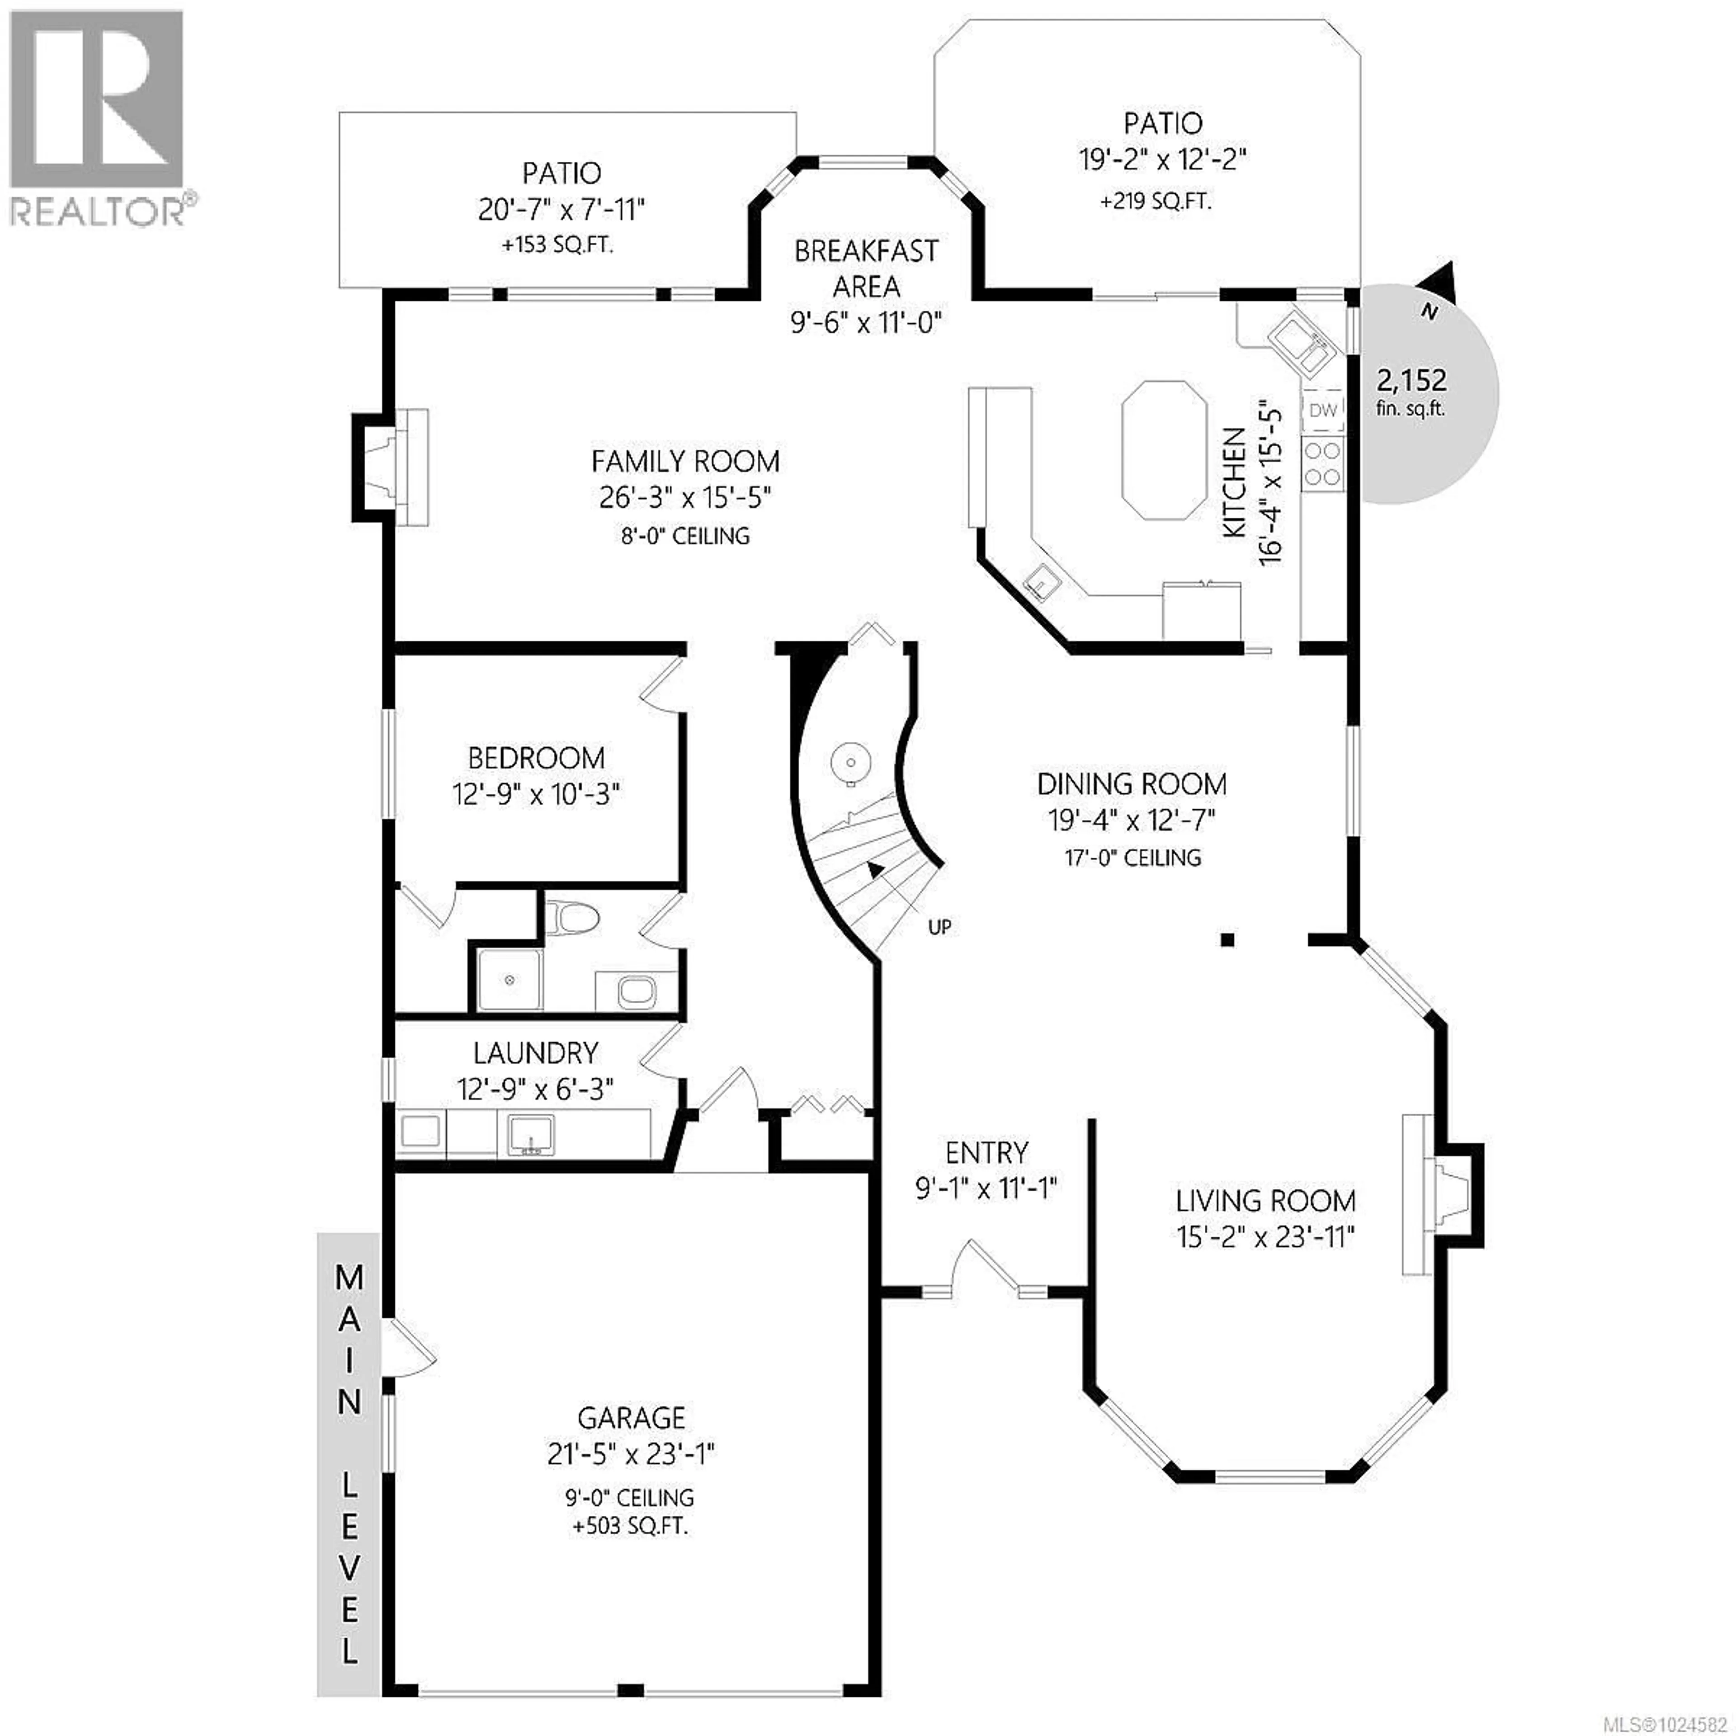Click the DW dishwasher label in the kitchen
tap(1323, 410)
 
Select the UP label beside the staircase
tap(939, 926)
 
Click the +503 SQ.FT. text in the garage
tap(630, 1526)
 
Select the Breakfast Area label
tap(866, 268)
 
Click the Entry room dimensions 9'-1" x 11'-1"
tap(986, 1188)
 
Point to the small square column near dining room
tap(1227, 940)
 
